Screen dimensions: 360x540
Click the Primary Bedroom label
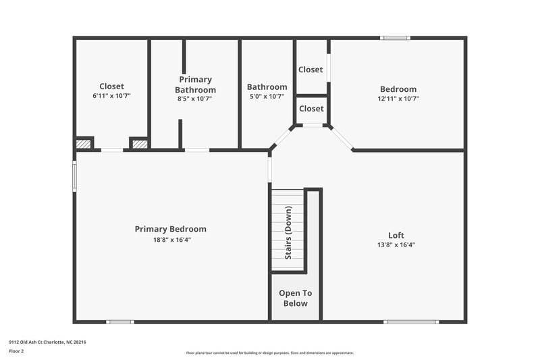coord(170,229)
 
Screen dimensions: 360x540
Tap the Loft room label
coord(397,235)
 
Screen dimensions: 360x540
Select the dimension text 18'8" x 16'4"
coord(170,240)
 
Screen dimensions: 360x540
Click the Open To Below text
coord(296,298)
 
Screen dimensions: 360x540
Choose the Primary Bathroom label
coord(195,84)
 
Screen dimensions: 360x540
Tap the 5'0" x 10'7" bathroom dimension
coord(267,97)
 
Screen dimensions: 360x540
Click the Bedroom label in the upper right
coord(398,89)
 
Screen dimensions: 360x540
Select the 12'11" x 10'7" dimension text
coord(398,99)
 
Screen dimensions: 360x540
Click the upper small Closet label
coord(310,70)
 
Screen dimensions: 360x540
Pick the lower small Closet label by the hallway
coord(311,109)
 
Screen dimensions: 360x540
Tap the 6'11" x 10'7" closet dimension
coord(111,96)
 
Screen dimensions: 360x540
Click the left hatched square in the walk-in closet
coord(83,143)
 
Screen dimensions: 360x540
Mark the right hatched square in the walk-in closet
coord(139,143)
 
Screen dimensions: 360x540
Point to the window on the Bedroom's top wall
coord(396,38)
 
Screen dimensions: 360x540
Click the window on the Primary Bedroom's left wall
coord(75,176)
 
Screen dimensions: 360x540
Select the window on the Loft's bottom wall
coord(400,322)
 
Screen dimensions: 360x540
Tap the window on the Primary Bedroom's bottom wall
coord(120,322)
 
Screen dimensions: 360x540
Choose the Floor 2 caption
coord(16,351)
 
